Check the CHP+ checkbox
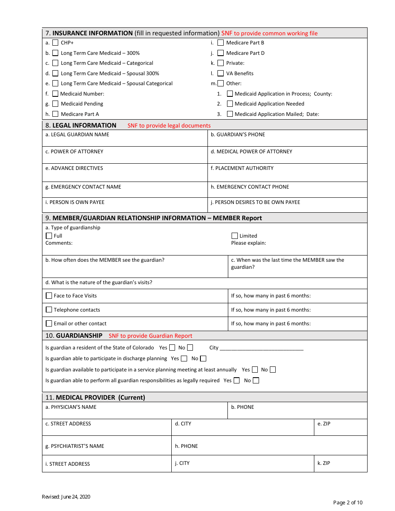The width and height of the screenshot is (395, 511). point(55,43)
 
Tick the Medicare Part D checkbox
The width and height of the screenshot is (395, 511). point(221,53)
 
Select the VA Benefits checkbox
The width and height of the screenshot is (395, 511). point(221,74)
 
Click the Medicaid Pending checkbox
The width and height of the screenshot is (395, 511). point(55,104)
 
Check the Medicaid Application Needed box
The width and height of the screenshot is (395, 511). point(230,104)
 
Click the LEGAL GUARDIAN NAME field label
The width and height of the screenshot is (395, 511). point(77,135)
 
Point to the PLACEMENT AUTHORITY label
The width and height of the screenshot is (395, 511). point(242,168)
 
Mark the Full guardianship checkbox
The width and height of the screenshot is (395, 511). point(49,236)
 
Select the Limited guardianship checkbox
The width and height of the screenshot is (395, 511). point(235,236)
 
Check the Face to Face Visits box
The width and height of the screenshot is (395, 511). point(49,296)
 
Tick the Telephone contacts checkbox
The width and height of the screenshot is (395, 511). point(49,310)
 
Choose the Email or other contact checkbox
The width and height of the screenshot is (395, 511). point(49,324)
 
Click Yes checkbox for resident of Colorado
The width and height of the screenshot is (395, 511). point(172,348)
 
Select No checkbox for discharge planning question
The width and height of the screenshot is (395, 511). point(203,359)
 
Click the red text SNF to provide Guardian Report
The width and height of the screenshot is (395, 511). point(151,336)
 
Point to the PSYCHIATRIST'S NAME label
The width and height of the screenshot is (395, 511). point(75,446)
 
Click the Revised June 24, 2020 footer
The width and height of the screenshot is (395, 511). point(66,497)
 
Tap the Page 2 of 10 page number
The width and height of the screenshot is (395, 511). point(348,503)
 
